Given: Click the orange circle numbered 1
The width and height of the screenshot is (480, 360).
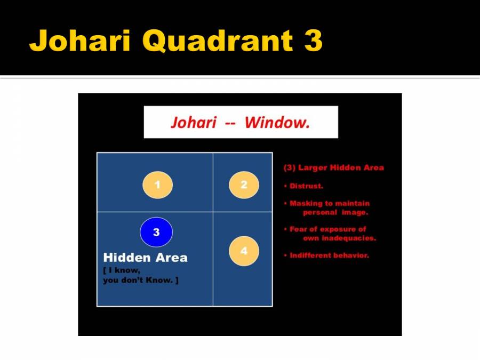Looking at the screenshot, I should pyautogui.click(x=157, y=185).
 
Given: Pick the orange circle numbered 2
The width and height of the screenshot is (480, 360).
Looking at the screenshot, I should pyautogui.click(x=244, y=185).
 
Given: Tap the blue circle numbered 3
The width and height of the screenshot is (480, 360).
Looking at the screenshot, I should pyautogui.click(x=156, y=233).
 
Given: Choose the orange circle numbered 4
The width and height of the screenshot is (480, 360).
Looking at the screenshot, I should pyautogui.click(x=244, y=251).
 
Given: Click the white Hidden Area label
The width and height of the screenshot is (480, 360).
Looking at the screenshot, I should pyautogui.click(x=145, y=258).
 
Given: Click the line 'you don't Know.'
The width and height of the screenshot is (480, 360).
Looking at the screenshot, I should pyautogui.click(x=140, y=281).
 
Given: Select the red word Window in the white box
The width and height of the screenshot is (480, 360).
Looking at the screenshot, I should pyautogui.click(x=277, y=123).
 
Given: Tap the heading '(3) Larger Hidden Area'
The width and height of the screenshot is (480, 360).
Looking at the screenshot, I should pyautogui.click(x=333, y=167).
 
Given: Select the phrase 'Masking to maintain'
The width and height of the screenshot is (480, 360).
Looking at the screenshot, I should pyautogui.click(x=330, y=203).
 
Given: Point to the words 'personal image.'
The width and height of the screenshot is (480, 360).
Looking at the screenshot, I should pyautogui.click(x=335, y=212).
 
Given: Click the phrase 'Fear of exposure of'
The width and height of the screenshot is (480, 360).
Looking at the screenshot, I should pyautogui.click(x=328, y=229).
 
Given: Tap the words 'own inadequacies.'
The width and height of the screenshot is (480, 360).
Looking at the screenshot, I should pyautogui.click(x=339, y=238).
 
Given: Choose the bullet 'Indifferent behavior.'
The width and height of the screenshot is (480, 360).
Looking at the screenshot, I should pyautogui.click(x=329, y=255).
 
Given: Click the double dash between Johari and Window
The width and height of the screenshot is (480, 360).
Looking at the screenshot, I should pyautogui.click(x=229, y=123).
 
